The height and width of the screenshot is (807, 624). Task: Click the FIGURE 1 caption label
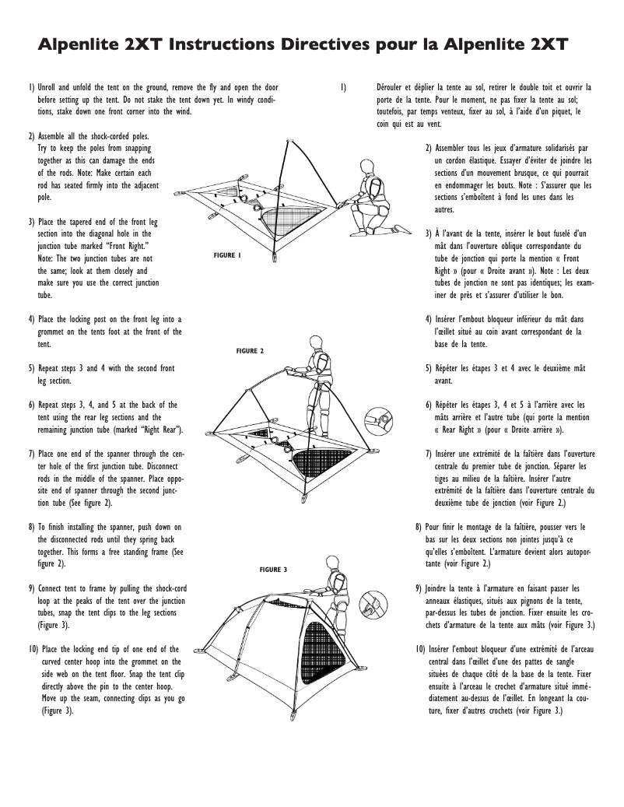tap(227, 256)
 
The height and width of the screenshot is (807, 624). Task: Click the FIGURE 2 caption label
tap(250, 351)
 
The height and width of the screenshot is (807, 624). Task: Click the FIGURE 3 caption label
tap(273, 570)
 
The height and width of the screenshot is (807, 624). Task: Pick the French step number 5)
tap(429, 367)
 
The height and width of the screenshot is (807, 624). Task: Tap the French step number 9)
tap(419, 588)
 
